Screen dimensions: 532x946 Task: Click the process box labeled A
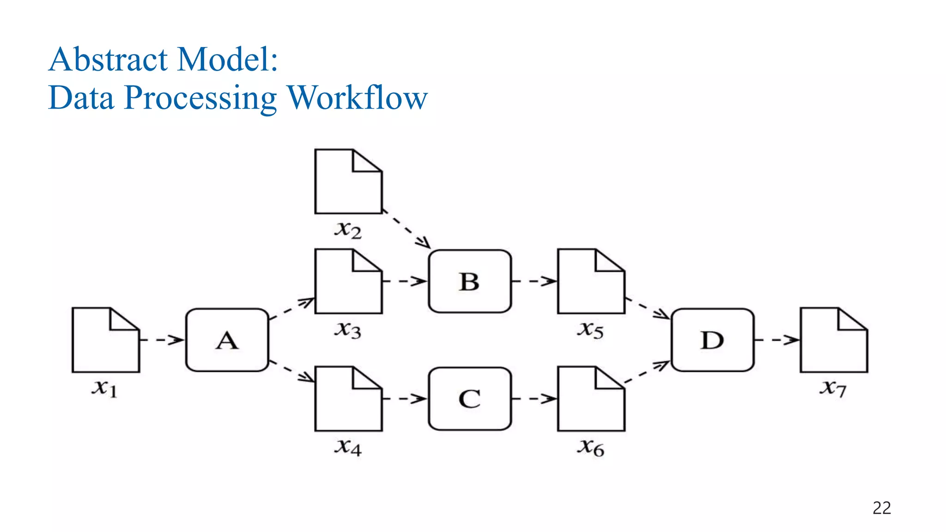(x=227, y=340)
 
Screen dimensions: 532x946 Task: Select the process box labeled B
(x=470, y=281)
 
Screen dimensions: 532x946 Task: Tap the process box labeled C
(x=470, y=399)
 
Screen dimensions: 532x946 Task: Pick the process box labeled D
(x=712, y=340)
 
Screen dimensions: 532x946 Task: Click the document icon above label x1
(x=106, y=340)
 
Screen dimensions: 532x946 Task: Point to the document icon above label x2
(x=348, y=181)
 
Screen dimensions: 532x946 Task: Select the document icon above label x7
(x=834, y=340)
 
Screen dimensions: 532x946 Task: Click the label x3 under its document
(x=348, y=330)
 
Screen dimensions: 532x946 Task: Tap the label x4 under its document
(x=348, y=447)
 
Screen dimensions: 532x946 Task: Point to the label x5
(x=590, y=330)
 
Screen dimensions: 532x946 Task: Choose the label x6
(x=590, y=447)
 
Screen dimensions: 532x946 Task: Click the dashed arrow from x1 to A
(x=162, y=340)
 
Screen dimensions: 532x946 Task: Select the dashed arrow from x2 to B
(x=406, y=230)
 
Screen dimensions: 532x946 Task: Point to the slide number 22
(x=881, y=508)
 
